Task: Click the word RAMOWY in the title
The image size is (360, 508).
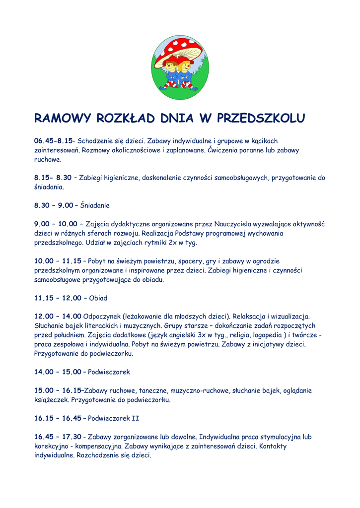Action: pos(63,119)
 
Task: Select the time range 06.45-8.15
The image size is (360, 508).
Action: pos(54,141)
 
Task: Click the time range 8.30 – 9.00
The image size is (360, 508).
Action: pos(54,205)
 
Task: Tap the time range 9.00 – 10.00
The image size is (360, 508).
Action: pos(56,224)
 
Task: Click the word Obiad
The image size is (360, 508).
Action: pos(98,298)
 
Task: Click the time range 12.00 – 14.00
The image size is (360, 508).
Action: pos(58,317)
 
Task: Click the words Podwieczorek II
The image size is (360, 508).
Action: pos(114,418)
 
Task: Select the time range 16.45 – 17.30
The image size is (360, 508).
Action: pos(58,437)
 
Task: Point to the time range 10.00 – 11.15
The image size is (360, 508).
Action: pos(58,260)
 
